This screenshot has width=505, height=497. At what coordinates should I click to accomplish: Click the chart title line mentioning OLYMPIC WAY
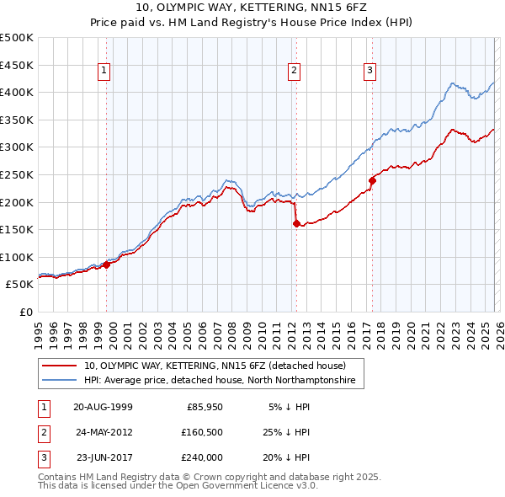(x=252, y=8)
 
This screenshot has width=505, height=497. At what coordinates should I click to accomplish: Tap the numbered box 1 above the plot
(x=103, y=72)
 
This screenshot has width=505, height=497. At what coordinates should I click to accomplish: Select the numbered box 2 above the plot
(x=294, y=72)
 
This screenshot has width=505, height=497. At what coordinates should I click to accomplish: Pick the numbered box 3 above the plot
(x=369, y=72)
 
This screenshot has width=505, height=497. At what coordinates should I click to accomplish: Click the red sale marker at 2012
(x=296, y=223)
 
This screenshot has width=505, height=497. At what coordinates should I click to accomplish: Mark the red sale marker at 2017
(x=371, y=179)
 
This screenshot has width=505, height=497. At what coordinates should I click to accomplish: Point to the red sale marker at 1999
(x=107, y=265)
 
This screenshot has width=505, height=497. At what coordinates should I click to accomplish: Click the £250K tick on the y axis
(x=17, y=174)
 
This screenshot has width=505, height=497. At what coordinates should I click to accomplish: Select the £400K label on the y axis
(x=17, y=92)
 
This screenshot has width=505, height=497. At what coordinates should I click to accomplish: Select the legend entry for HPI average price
(x=220, y=381)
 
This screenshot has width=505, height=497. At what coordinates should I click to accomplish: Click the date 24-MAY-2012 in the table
(x=103, y=432)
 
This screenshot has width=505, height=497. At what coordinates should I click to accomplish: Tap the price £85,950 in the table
(x=205, y=406)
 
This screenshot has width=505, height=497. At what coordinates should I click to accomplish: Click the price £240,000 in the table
(x=202, y=457)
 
